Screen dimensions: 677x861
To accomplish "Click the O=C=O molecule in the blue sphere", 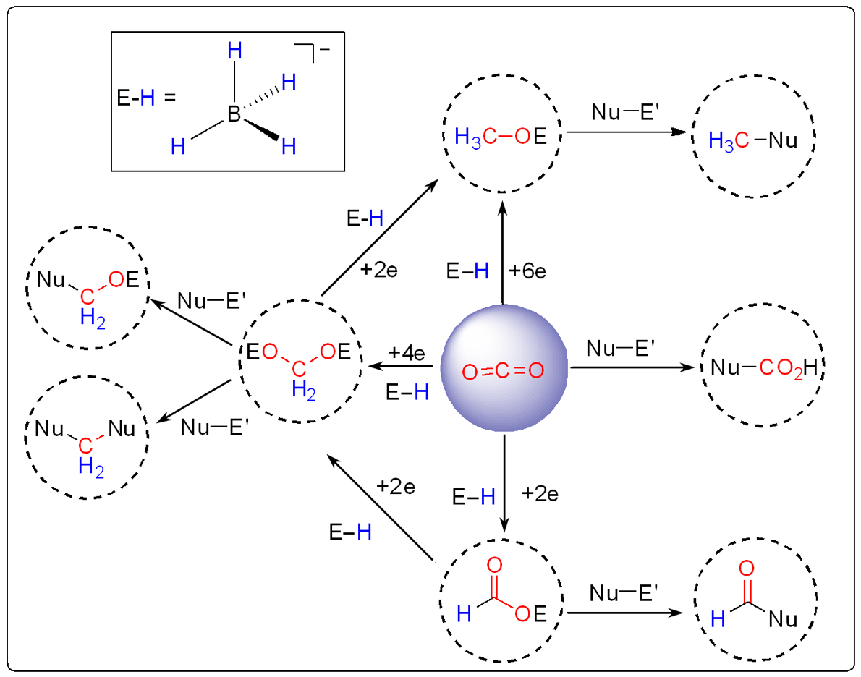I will pos(503,372).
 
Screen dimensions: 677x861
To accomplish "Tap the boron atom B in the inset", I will pos(233,114).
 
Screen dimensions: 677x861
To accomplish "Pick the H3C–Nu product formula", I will pos(752,140).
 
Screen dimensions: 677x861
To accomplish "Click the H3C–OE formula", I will pos(501,136).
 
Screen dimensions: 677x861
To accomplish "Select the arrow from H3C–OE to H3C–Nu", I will pos(625,132).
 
